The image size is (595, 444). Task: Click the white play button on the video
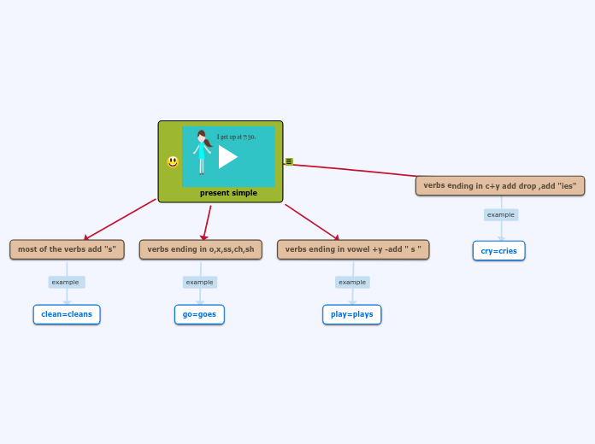pyautogui.click(x=227, y=157)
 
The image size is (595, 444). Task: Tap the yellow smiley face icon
pyautogui.click(x=173, y=161)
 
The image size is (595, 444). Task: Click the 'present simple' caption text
pyautogui.click(x=228, y=193)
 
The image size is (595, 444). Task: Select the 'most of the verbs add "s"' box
pyautogui.click(x=67, y=249)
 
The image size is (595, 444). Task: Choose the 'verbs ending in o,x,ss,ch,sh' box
pyautogui.click(x=201, y=249)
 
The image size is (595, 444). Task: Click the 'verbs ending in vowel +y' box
pyautogui.click(x=353, y=249)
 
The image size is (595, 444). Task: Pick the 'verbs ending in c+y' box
pyautogui.click(x=500, y=185)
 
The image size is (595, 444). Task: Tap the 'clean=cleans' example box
pyautogui.click(x=67, y=314)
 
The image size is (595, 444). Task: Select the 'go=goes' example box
pyautogui.click(x=199, y=314)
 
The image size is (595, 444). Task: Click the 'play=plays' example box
pyautogui.click(x=352, y=314)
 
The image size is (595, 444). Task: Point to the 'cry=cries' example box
pyautogui.click(x=499, y=250)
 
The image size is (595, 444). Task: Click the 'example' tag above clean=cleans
pyautogui.click(x=66, y=282)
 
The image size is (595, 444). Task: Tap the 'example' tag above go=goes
pyautogui.click(x=200, y=282)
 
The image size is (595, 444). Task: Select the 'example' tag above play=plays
pyautogui.click(x=352, y=282)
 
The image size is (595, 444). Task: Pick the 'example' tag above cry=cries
pyautogui.click(x=501, y=214)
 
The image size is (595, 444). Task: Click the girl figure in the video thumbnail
pyautogui.click(x=202, y=151)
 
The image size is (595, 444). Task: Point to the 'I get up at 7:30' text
pyautogui.click(x=236, y=137)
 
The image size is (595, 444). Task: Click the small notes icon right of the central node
pyautogui.click(x=289, y=161)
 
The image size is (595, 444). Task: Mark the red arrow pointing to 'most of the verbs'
pyautogui.click(x=120, y=219)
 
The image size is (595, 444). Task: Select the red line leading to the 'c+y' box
pyautogui.click(x=359, y=170)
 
